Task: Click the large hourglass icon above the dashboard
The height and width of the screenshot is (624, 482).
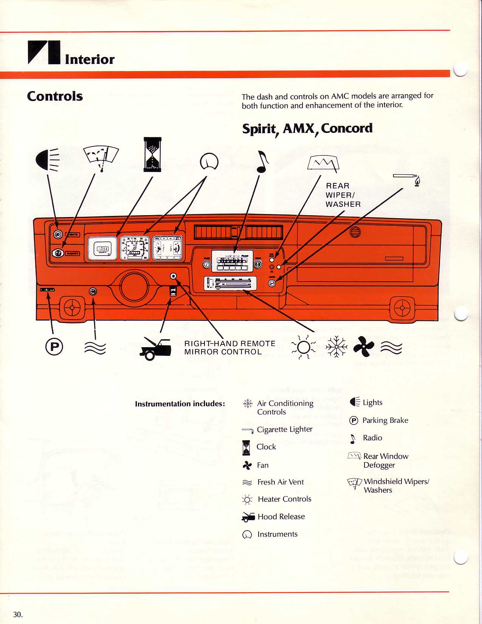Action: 152,154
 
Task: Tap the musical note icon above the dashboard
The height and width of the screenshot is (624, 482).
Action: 262,161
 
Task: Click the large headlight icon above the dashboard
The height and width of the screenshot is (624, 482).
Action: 47,159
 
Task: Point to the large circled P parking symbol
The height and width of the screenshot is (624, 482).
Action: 54,346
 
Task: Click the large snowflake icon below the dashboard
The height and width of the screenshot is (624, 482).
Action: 336,346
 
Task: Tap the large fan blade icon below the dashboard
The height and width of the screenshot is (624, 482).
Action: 363,346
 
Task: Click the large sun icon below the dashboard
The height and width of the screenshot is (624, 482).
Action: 303,346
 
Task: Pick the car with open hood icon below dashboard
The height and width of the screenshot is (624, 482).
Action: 155,349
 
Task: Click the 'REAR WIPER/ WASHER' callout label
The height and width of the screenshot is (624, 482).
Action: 343,195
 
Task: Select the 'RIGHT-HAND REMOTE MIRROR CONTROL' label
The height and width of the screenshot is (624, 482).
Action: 229,348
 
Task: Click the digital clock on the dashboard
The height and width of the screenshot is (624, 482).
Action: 102,248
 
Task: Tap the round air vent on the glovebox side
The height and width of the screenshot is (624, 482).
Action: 355,232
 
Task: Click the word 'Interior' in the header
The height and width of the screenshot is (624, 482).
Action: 90,59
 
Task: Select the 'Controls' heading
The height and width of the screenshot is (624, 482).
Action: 55,96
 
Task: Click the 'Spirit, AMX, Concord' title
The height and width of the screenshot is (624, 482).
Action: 307,129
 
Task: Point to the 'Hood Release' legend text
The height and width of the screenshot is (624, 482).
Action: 281,517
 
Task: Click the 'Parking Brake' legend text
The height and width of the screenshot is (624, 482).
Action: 385,420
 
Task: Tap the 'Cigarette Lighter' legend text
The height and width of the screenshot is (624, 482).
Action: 284,429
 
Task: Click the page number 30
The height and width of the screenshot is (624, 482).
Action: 18,615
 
